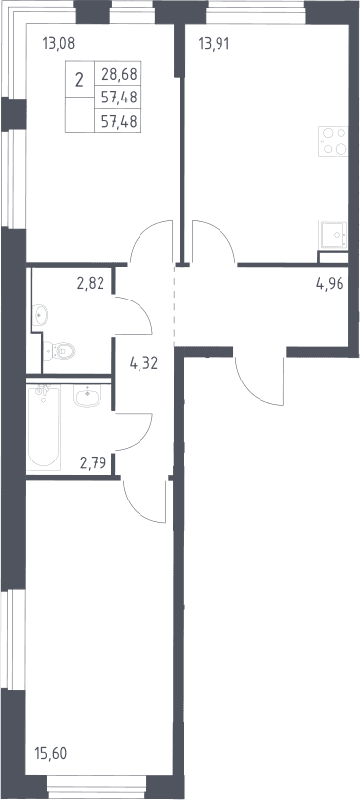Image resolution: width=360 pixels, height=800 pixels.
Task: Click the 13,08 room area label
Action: point(59,43)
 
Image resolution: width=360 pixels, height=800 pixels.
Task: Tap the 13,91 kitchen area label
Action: point(214,43)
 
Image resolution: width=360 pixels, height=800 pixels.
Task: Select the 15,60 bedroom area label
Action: point(51,752)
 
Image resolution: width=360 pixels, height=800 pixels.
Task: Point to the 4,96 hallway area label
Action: point(330,283)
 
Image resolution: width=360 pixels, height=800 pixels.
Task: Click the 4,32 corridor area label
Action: point(143,363)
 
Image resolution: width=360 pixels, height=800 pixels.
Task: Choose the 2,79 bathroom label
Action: point(93,463)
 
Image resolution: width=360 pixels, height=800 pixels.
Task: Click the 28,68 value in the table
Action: point(119,74)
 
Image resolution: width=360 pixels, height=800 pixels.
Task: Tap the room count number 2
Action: point(80,80)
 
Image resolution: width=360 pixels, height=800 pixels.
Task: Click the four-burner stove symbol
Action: point(334,140)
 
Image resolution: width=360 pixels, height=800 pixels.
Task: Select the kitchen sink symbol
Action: point(334,234)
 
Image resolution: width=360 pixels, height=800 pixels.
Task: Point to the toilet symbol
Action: point(60,351)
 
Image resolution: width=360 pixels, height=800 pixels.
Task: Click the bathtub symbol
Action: point(44,427)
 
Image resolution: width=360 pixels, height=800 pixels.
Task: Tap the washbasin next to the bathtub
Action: point(87,395)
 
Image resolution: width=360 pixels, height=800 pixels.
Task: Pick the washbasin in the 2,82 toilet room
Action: point(40,315)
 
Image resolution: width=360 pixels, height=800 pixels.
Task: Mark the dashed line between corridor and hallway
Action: point(175,306)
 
